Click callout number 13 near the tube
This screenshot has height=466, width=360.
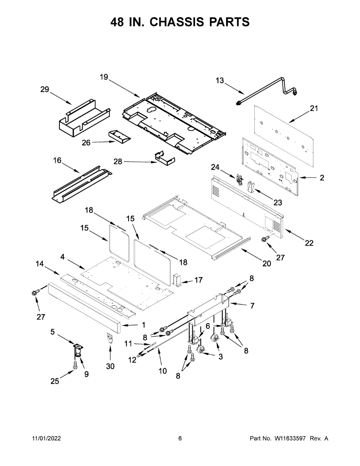pyautogui.click(x=220, y=80)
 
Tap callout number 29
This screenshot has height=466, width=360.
pyautogui.click(x=45, y=90)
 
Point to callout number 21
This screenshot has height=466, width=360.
pyautogui.click(x=314, y=108)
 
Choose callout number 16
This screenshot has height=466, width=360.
pyautogui.click(x=57, y=160)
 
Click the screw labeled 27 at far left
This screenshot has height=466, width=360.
pyautogui.click(x=35, y=292)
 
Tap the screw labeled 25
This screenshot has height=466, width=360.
pyautogui.click(x=75, y=365)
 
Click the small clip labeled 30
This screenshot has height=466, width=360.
pyautogui.click(x=110, y=337)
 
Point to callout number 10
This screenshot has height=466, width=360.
pyautogui.click(x=163, y=371)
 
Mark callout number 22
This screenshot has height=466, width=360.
pyautogui.click(x=309, y=243)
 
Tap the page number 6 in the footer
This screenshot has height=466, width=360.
pyautogui.click(x=180, y=438)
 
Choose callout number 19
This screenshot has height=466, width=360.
pyautogui.click(x=104, y=77)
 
